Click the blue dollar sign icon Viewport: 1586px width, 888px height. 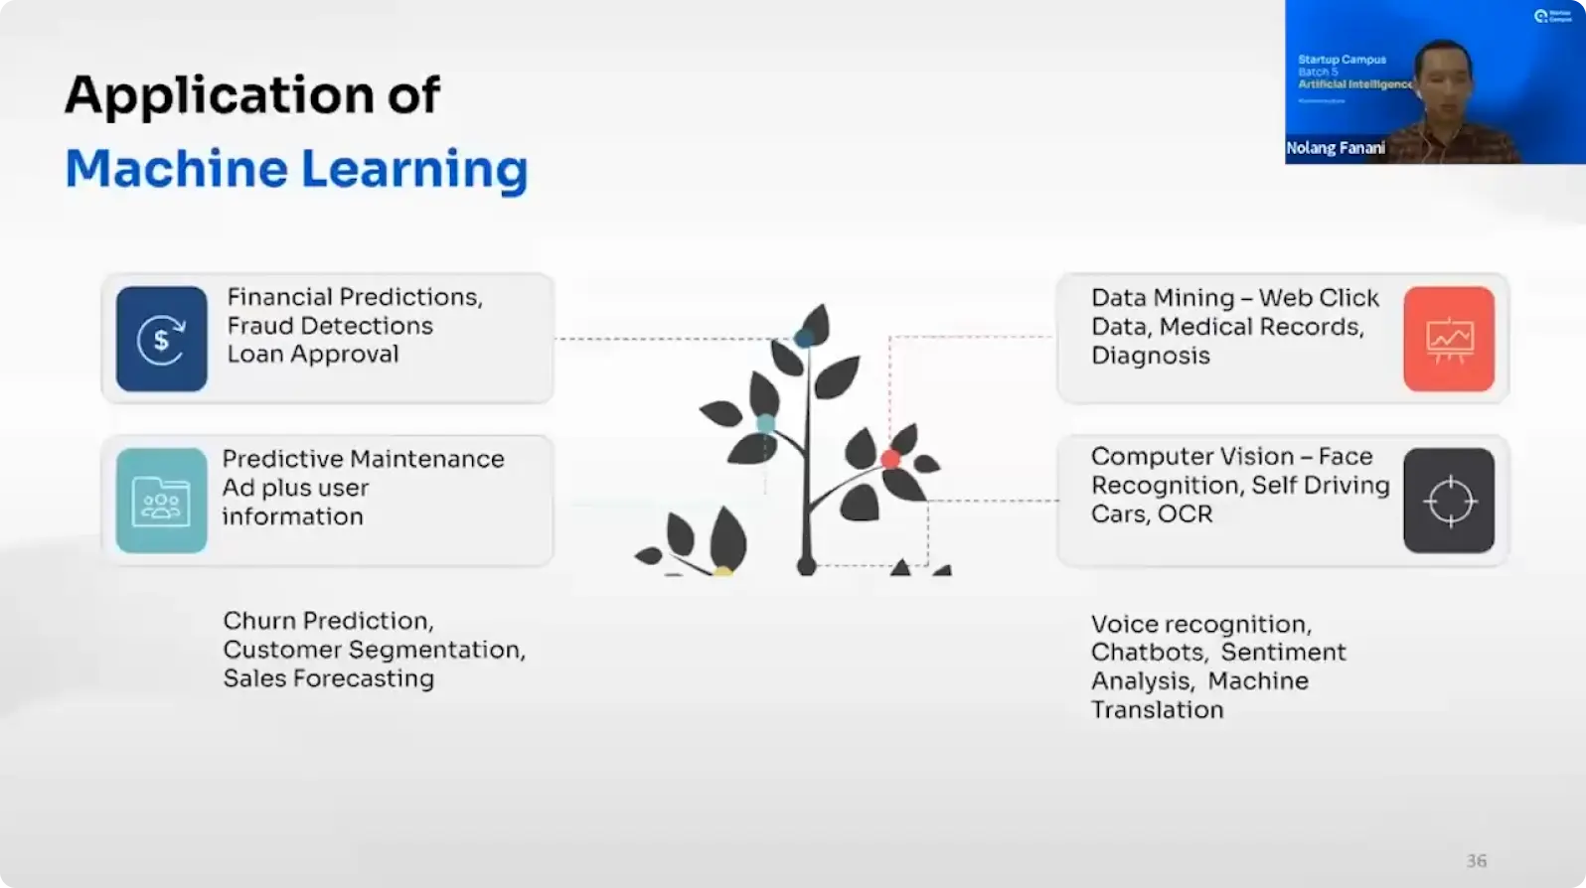coord(161,339)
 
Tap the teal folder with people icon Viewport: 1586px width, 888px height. coord(161,501)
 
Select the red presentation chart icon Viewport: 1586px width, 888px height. coord(1449,339)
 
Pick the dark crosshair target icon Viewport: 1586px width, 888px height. coord(1449,501)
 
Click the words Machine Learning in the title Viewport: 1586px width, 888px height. coord(296,169)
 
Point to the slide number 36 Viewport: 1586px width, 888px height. coord(1477,861)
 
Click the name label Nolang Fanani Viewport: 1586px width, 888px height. coord(1335,148)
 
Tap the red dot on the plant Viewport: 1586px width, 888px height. coord(890,459)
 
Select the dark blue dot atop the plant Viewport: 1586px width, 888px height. coord(804,338)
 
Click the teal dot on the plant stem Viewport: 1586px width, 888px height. coord(765,424)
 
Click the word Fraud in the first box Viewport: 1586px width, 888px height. coord(260,326)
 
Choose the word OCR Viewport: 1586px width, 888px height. coord(1185,515)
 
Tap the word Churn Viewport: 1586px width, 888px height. coord(259,621)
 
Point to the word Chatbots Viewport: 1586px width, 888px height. coord(1148,653)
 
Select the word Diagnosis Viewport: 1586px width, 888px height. coord(1150,356)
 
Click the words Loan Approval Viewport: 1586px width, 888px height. coord(312,355)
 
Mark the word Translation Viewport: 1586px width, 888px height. coord(1157,710)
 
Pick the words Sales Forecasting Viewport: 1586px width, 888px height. coord(328,678)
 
